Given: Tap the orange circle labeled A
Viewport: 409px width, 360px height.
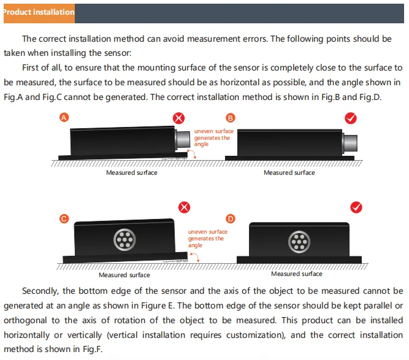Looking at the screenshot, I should click(64, 118).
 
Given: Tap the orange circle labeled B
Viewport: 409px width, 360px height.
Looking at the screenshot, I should click(231, 118).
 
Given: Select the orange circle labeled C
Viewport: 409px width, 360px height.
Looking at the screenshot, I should click(64, 218).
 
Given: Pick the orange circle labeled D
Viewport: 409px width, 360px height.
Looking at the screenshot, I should click(231, 218).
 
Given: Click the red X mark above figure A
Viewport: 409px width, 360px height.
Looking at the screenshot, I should click(178, 118).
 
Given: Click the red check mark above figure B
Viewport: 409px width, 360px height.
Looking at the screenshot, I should click(351, 118).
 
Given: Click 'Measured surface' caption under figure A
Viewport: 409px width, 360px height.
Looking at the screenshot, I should click(132, 173).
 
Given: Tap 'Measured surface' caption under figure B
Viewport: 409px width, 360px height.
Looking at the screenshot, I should click(289, 173).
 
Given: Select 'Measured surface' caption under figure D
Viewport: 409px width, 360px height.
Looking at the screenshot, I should click(296, 274).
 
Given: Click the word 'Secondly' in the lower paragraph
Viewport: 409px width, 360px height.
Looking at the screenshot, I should click(40, 291).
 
